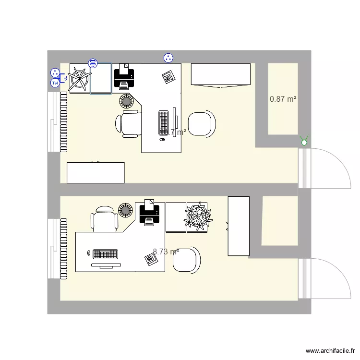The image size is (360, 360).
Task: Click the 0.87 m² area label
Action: coord(283,99)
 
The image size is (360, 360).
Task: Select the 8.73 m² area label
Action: coord(166,251)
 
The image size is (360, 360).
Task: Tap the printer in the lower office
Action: coord(149,213)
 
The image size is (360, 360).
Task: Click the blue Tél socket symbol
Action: coord(55,83)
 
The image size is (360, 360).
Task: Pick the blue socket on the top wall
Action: coord(168,58)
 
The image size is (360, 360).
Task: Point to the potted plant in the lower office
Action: coord(197,216)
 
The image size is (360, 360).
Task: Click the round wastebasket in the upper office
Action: coord(126,101)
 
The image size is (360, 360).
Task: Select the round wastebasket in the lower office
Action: coord(126,210)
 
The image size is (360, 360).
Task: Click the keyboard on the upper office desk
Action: coord(164,122)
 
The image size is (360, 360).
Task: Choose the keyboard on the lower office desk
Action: coord(106,253)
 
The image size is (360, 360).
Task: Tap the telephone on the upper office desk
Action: coord(168,76)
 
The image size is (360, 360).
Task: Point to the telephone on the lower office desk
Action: coord(151,259)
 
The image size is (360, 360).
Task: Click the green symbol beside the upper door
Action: coord(303,141)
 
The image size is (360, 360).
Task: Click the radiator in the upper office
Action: coord(63,122)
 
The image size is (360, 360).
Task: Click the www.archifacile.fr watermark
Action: coord(331,351)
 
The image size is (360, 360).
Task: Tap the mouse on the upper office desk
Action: coord(162,140)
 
